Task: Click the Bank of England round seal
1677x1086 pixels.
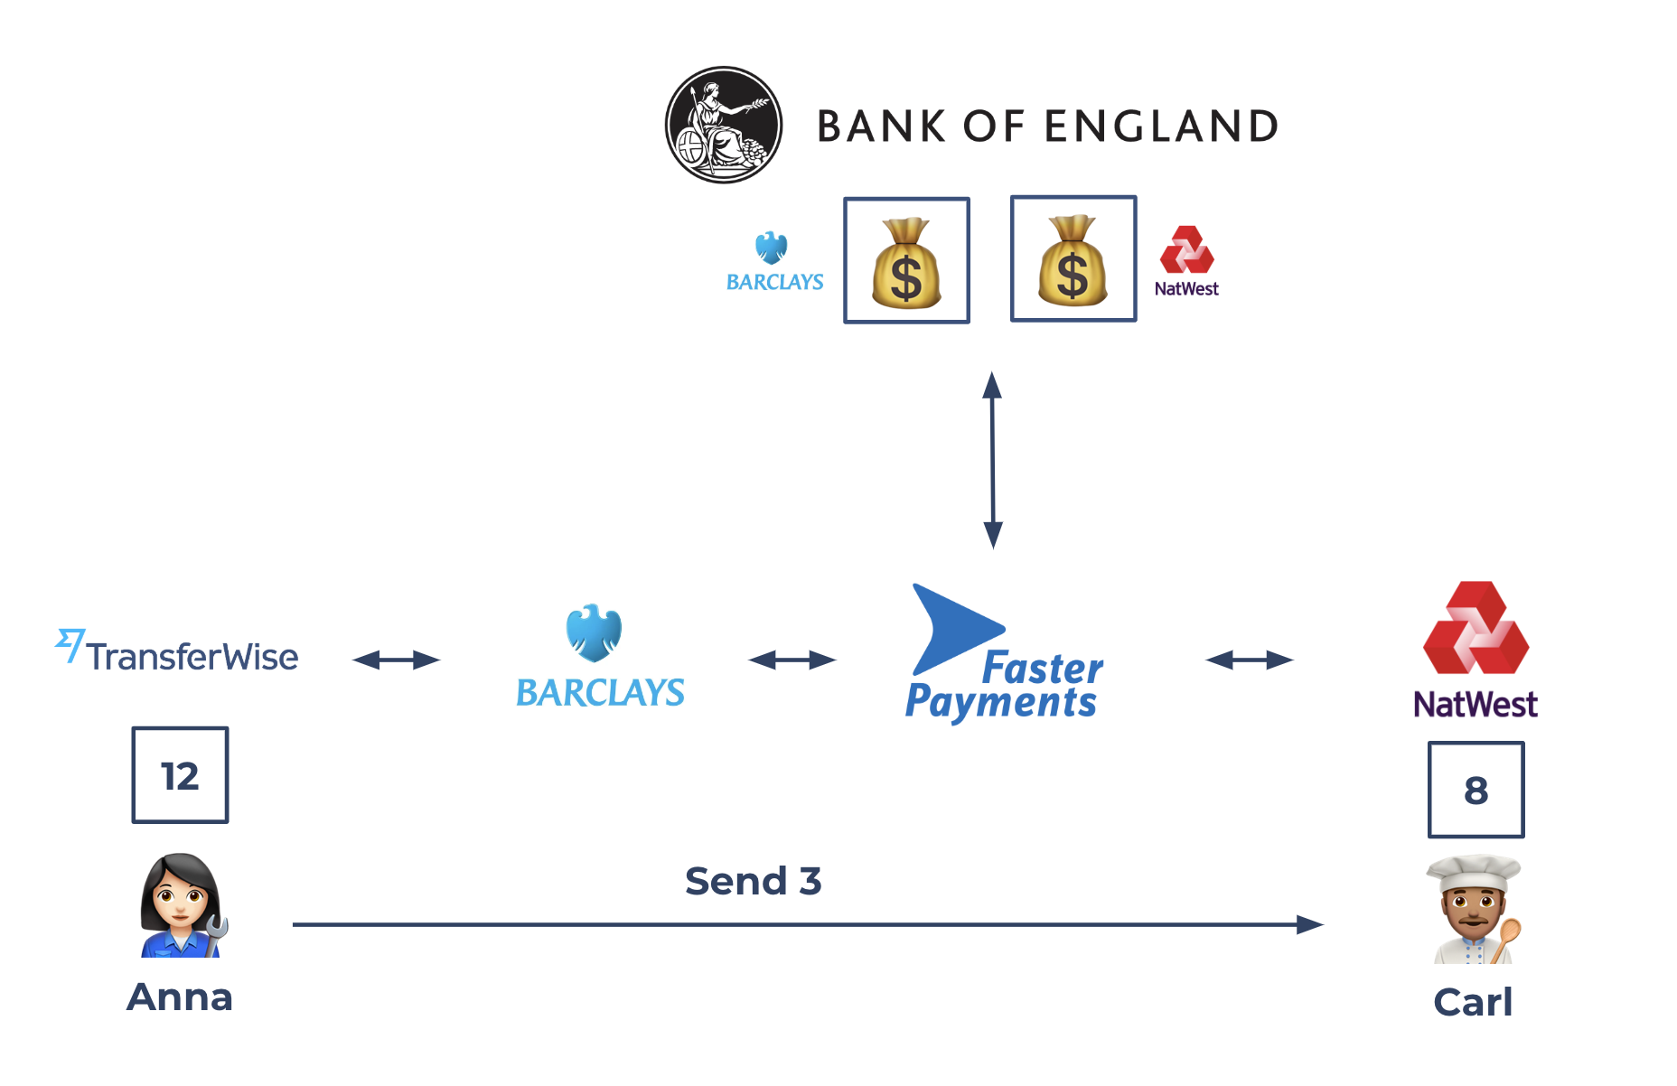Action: (x=723, y=125)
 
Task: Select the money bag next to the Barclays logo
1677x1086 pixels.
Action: (x=906, y=261)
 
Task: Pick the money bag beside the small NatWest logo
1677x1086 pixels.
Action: (x=1073, y=259)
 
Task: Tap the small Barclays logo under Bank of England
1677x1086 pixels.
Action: (x=774, y=262)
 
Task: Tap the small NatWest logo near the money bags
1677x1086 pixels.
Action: (x=1186, y=261)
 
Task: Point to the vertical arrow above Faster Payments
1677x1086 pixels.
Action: (x=993, y=460)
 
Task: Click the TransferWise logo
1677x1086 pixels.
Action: (x=177, y=652)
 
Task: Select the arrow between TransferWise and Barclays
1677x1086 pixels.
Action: (x=396, y=660)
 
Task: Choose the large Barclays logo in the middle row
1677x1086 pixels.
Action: (x=600, y=657)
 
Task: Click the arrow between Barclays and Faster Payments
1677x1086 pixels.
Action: (x=792, y=660)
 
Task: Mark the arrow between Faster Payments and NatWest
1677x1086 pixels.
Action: (x=1250, y=660)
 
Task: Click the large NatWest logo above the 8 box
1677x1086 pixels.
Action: (x=1476, y=651)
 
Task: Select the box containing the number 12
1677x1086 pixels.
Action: (x=180, y=775)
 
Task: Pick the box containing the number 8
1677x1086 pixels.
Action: (x=1476, y=790)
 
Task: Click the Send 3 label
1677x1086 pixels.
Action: (x=753, y=881)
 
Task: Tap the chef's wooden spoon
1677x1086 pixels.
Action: (x=1506, y=940)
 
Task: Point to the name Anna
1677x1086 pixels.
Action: (x=180, y=997)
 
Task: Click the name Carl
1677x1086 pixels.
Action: (x=1473, y=1002)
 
